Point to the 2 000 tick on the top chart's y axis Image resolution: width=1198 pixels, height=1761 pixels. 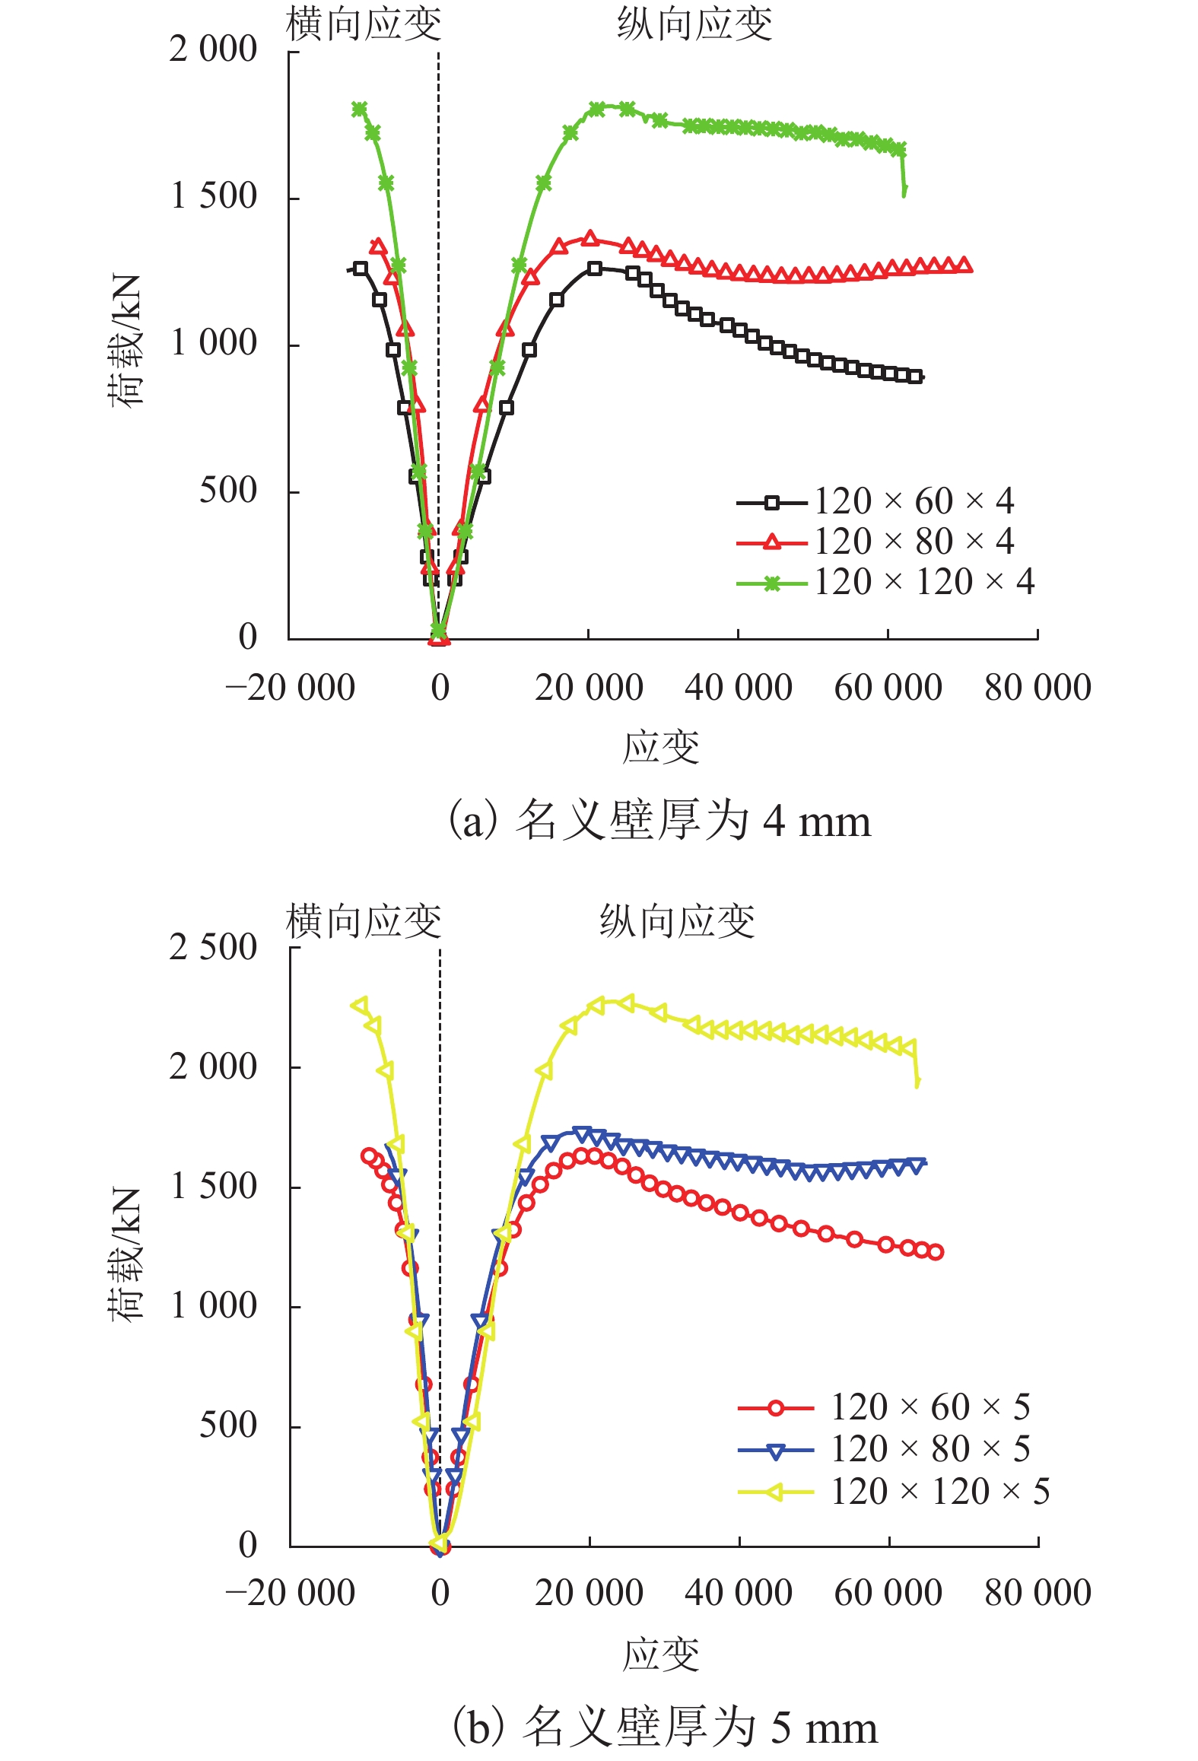(213, 50)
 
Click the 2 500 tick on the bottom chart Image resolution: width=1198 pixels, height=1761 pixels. (213, 948)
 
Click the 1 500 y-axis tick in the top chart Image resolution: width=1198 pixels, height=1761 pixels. (213, 197)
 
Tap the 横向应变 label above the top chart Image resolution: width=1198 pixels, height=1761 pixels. (364, 24)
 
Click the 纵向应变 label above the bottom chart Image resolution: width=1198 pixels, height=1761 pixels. (677, 921)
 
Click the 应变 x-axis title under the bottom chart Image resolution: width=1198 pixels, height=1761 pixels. (660, 1655)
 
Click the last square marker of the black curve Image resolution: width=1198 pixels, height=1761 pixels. (916, 377)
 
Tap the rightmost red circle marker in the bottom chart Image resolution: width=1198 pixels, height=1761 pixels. (936, 1252)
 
